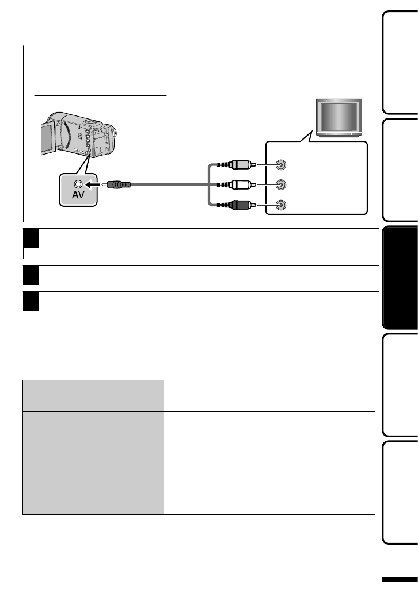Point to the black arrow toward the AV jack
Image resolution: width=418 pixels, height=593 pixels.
(96, 185)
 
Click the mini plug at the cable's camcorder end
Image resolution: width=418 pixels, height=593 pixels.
(117, 185)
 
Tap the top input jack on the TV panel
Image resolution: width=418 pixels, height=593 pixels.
(280, 165)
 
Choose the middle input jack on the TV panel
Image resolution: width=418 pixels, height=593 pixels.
(280, 185)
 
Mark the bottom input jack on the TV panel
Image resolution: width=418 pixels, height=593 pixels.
(280, 205)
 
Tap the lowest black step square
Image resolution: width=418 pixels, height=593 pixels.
(31, 301)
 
